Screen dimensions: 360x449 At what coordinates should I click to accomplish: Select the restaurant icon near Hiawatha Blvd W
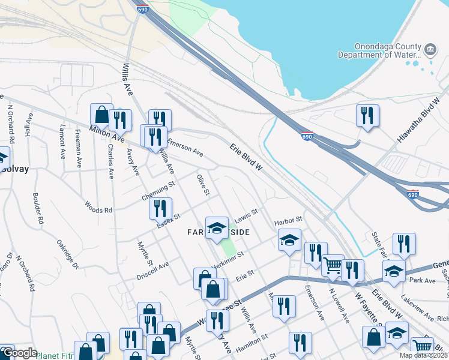click(x=367, y=115)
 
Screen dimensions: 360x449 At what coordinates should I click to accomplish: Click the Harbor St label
click(x=288, y=221)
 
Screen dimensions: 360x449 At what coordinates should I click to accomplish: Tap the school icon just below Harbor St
click(x=289, y=241)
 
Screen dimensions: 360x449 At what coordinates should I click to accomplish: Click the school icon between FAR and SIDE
click(x=217, y=227)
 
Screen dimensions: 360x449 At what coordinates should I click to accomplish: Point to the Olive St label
click(x=203, y=185)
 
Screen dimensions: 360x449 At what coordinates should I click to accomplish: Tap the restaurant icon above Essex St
click(x=160, y=208)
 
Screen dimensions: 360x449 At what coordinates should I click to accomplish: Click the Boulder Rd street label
click(x=38, y=208)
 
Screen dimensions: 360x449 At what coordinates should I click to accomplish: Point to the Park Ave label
click(x=421, y=280)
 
